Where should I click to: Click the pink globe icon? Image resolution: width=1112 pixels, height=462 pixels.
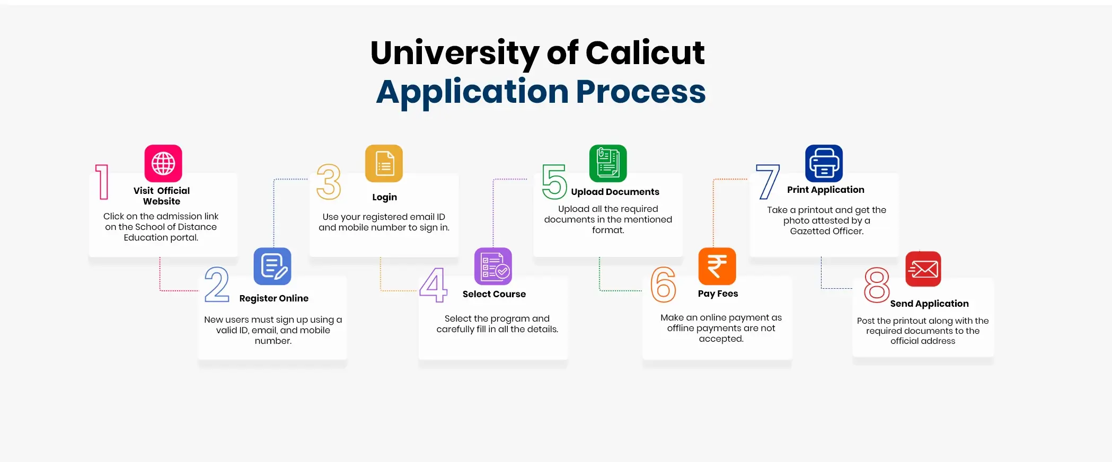coord(163,163)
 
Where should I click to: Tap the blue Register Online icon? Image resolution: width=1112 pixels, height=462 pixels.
coord(272,266)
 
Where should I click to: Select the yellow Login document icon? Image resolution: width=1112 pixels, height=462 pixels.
coord(384,163)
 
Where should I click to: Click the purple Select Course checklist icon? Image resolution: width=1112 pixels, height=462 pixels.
coord(493,266)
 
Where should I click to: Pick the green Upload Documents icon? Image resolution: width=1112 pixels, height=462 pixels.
coord(608,163)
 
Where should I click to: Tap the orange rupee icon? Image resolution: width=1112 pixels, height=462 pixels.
coord(717,266)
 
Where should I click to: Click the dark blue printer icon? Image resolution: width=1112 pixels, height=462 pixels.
coord(824,163)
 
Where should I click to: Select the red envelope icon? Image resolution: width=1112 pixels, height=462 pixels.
coord(923,269)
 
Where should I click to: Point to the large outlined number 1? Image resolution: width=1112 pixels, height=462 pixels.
coord(102,182)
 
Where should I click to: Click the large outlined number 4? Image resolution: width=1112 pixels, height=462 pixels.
coord(434,285)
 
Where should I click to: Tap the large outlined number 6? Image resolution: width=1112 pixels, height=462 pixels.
coord(663,285)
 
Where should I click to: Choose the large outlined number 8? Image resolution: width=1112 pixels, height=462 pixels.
coord(877,285)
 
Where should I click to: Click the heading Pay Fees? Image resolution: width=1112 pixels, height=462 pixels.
coord(718,294)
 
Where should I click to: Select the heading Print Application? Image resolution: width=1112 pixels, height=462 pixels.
coord(825,190)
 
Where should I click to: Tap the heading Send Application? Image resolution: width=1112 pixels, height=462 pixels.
coord(929,304)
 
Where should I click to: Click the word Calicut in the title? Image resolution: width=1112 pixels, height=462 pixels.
coord(645,52)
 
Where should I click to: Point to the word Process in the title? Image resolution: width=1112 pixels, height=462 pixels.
coord(640,92)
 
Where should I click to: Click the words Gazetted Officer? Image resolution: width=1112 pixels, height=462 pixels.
coord(826,231)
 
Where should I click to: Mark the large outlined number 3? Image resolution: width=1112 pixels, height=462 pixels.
coord(329,182)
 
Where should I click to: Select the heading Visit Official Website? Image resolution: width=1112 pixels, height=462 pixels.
coord(162,196)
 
